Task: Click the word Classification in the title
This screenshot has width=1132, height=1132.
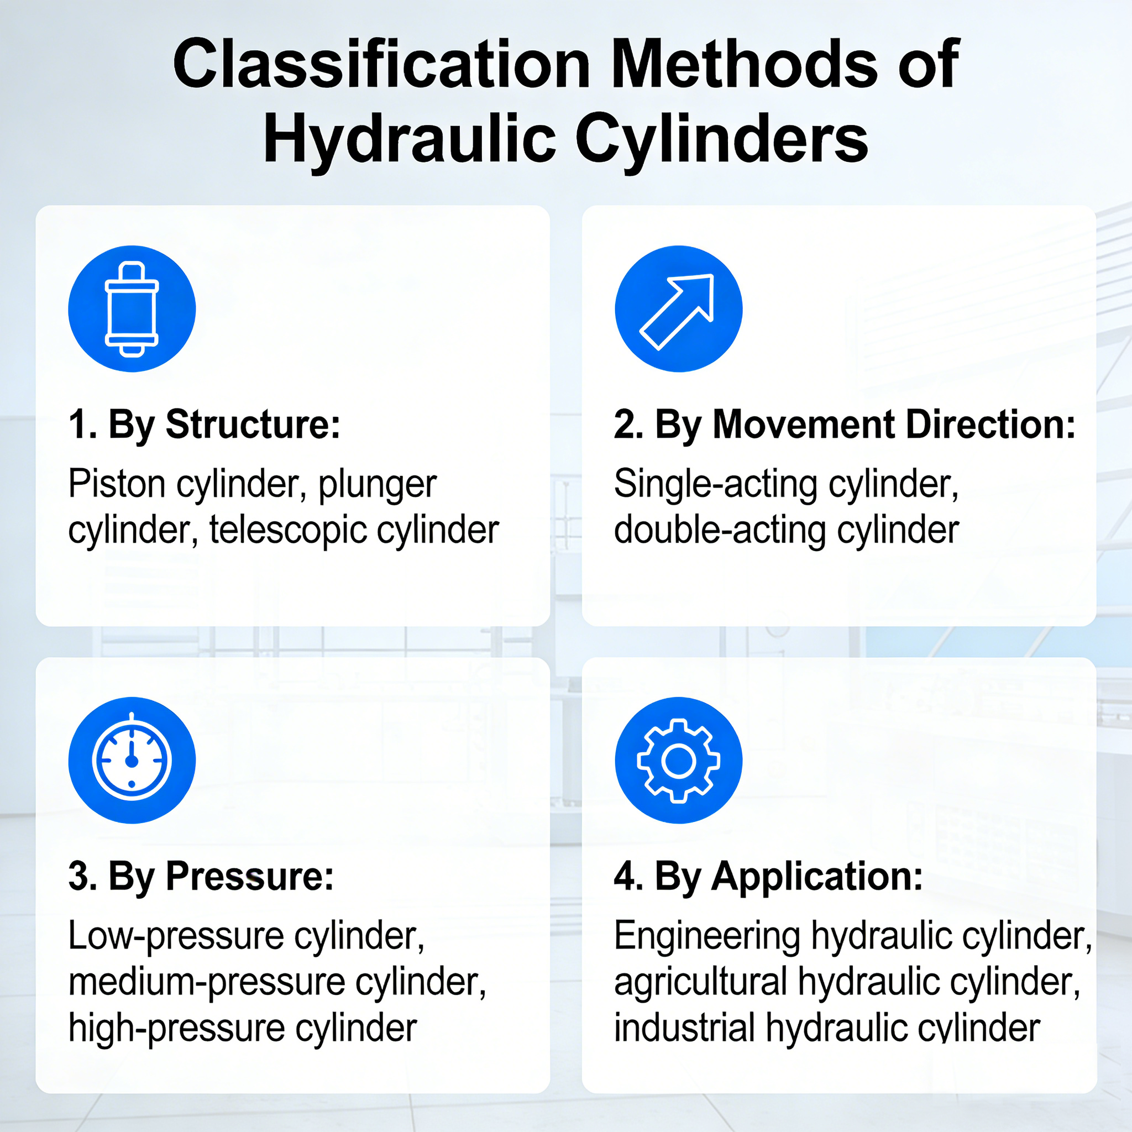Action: click(381, 65)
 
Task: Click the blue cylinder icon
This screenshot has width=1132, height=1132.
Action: click(132, 309)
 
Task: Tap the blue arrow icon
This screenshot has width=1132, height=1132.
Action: click(679, 309)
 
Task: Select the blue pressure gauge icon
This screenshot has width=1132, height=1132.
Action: click(132, 760)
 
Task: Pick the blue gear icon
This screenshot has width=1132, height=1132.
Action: click(679, 760)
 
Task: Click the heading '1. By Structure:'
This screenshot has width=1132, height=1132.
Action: click(204, 424)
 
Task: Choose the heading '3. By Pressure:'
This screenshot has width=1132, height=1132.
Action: click(201, 876)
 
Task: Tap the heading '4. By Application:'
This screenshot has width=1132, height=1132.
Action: click(768, 876)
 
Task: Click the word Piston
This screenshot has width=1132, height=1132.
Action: click(117, 484)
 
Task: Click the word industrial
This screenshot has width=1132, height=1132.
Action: click(684, 1028)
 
